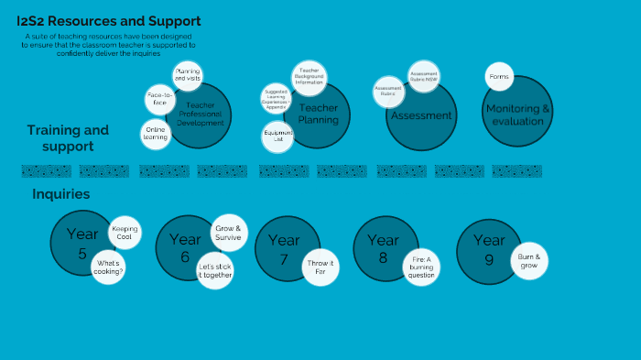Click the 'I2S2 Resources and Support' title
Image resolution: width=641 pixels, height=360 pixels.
click(x=109, y=21)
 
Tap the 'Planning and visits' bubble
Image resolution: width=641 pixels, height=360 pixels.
click(x=188, y=75)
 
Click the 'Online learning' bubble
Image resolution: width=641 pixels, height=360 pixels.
click(x=155, y=134)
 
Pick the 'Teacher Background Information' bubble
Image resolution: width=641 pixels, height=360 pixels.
click(x=308, y=77)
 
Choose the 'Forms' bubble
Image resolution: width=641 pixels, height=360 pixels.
click(x=499, y=77)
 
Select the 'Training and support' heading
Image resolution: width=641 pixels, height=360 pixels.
click(x=68, y=137)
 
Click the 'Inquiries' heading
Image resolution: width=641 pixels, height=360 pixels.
click(x=60, y=194)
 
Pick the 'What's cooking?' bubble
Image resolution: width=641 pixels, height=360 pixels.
click(x=109, y=267)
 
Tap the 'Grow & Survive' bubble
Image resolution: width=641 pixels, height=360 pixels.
click(x=228, y=234)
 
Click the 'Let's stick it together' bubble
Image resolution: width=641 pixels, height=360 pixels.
click(x=215, y=271)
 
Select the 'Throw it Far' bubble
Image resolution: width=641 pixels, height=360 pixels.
click(x=321, y=267)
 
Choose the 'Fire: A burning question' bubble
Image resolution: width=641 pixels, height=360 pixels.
click(x=421, y=267)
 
